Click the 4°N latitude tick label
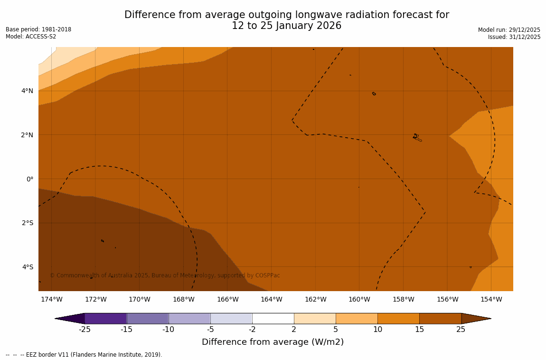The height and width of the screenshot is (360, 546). [x=27, y=91]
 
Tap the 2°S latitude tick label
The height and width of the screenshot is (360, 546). [x=27, y=223]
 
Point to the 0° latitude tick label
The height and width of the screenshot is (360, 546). [x=29, y=179]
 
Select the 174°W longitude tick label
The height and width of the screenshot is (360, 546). [x=51, y=299]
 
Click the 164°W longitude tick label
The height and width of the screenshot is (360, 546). [x=271, y=299]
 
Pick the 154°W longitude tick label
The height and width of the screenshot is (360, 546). [x=491, y=299]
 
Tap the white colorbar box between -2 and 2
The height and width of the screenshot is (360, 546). [x=273, y=318]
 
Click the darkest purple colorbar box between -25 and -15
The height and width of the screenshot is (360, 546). [x=105, y=318]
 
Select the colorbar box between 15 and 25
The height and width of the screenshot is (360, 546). [x=440, y=318]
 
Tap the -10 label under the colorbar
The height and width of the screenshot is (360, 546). [x=168, y=330]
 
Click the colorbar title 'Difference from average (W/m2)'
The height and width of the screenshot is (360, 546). [x=273, y=342]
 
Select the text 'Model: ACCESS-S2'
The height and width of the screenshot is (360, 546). [x=31, y=37]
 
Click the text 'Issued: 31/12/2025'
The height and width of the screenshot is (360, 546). [x=514, y=37]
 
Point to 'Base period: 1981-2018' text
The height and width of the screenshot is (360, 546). [x=38, y=29]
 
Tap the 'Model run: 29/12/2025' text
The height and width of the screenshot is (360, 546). [x=509, y=30]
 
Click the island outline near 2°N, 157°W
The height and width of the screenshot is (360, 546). [x=417, y=137]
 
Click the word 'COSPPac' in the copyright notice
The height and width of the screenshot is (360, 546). [x=267, y=275]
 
